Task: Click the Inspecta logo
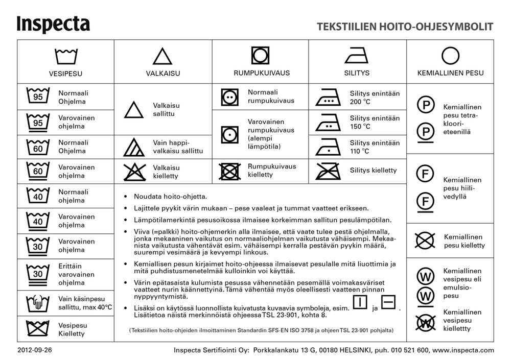53,25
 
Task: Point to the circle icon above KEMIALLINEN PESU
450,55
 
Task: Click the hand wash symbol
38,304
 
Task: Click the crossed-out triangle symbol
134,172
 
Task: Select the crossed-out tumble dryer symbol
230,171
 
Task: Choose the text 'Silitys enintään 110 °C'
375,147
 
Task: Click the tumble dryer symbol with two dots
230,97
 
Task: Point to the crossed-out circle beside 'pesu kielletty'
425,241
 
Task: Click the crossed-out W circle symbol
425,322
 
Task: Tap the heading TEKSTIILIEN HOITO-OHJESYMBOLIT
405,27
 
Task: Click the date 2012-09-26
35,350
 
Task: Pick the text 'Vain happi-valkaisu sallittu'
178,147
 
